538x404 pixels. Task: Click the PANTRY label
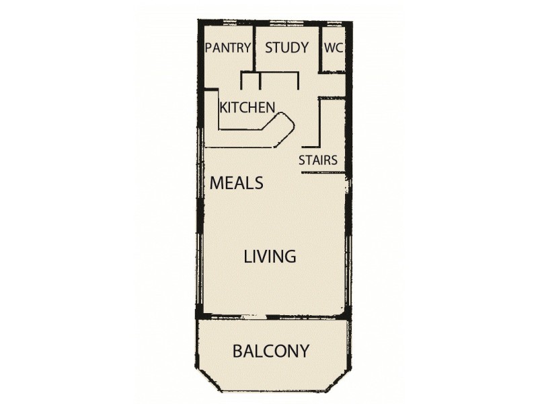point(228,48)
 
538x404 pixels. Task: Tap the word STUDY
point(286,48)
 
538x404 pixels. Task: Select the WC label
point(334,48)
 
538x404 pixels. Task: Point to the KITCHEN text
point(247,107)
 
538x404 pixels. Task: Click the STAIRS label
point(318,160)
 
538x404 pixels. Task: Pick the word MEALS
point(236,182)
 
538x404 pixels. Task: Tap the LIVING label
point(270,257)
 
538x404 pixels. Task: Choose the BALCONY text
point(271,351)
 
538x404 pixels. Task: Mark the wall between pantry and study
point(254,47)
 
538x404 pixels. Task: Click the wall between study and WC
point(320,47)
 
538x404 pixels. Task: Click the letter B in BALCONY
point(237,351)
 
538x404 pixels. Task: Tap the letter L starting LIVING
point(247,257)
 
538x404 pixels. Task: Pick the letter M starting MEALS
point(217,182)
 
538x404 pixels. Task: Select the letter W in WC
point(330,48)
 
